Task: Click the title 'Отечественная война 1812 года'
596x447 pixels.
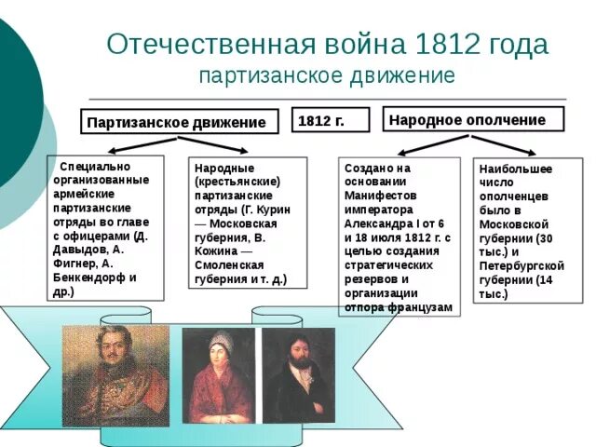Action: pyautogui.click(x=327, y=44)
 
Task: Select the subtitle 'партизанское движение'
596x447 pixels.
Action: pyautogui.click(x=327, y=74)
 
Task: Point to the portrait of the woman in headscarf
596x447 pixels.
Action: pyautogui.click(x=218, y=374)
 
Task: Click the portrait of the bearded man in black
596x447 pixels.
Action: pyautogui.click(x=298, y=374)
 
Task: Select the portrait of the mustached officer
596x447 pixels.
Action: pyautogui.click(x=115, y=374)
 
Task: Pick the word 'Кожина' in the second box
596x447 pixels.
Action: pyautogui.click(x=213, y=251)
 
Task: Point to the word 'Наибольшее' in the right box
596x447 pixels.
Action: pyautogui.click(x=515, y=169)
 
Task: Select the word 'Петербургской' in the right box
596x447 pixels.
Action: pyautogui.click(x=521, y=265)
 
